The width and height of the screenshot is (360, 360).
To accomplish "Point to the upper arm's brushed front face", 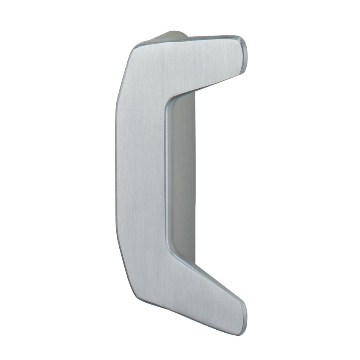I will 197,64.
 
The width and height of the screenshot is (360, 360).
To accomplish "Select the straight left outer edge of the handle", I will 116,174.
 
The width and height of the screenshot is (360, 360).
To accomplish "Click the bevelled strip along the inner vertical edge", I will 167,178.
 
